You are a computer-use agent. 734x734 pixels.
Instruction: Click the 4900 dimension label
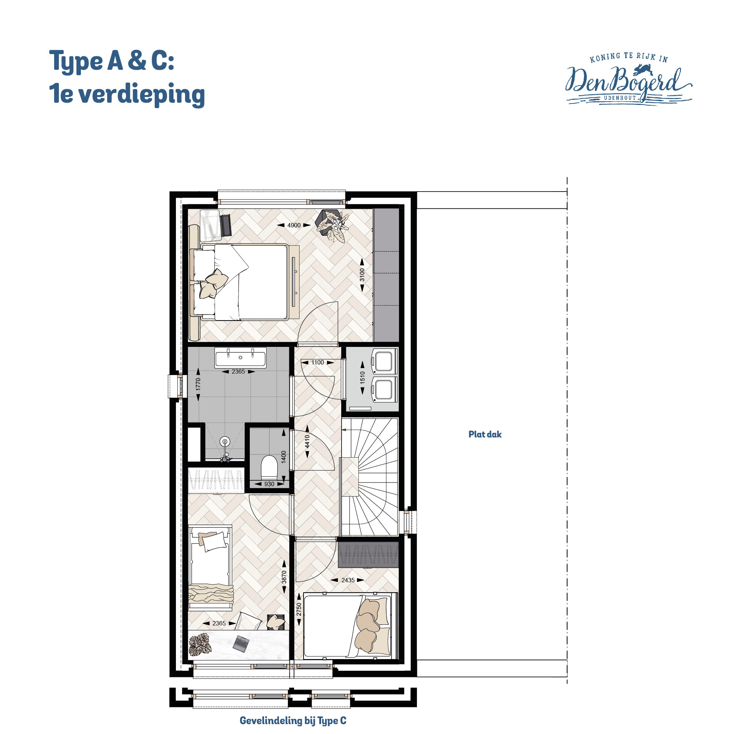coord(294,225)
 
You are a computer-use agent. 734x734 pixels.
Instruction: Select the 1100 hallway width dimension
coord(317,363)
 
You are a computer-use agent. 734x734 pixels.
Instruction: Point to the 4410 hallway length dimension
coord(307,442)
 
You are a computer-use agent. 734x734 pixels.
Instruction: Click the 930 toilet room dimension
coord(269,484)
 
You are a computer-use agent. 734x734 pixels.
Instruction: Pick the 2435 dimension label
coord(348,580)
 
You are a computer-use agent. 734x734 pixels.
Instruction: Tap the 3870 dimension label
coord(284,578)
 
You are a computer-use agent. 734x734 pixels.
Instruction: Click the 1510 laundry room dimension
coord(362,378)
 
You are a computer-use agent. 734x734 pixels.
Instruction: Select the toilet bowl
coord(269,467)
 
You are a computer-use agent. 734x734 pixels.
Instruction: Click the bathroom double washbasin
coord(240,357)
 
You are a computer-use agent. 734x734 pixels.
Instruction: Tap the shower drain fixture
coord(225,442)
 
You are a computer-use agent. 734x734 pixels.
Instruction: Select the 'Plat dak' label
coord(485,434)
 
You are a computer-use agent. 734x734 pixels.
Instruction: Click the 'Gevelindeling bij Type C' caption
coord(293,720)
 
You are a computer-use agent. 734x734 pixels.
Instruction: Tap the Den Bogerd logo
coord(628,79)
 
